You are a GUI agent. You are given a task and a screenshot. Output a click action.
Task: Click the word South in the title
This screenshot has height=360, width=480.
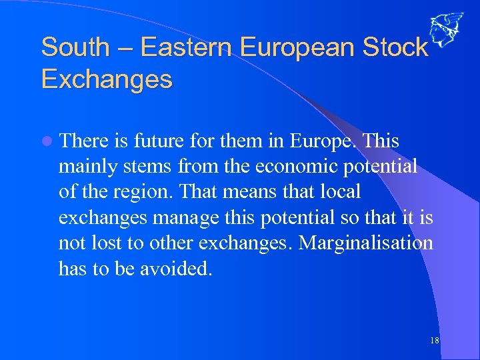(x=75, y=47)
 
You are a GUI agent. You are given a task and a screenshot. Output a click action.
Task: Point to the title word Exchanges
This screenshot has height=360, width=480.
(x=107, y=79)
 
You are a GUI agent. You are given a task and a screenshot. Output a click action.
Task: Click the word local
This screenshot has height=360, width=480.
(x=339, y=192)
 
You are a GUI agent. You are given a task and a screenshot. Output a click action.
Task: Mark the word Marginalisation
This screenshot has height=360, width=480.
(x=366, y=243)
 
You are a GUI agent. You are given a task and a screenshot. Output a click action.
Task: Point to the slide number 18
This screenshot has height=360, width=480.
(x=434, y=341)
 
